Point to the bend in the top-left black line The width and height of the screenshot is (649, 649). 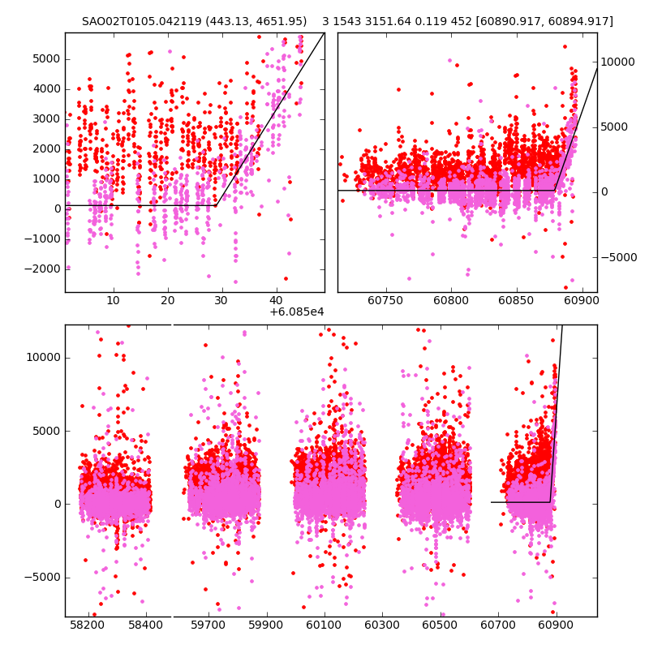[x=216, y=205]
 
